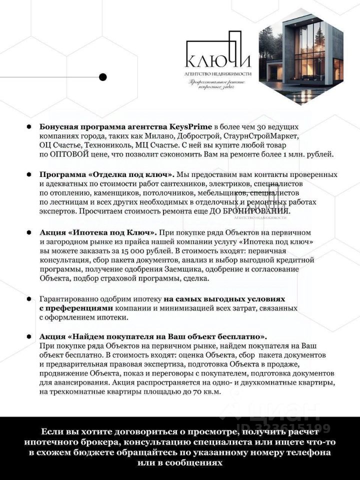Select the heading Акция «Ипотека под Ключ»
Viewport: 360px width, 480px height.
coord(98,232)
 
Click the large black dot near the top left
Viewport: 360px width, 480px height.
coord(103,77)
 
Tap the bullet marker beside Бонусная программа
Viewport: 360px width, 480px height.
coord(30,126)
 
